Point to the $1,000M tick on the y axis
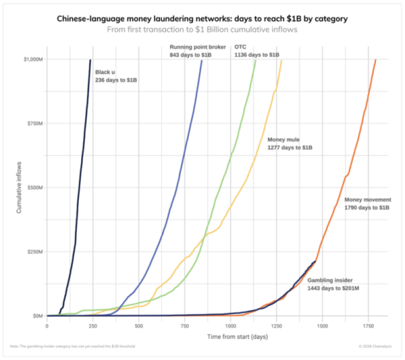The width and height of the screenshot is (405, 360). pyautogui.click(x=31, y=60)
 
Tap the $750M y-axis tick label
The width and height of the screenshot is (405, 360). pyautogui.click(x=33, y=124)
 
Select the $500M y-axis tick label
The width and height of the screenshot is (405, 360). pyautogui.click(x=33, y=188)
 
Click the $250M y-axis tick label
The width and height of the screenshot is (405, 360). pyautogui.click(x=33, y=251)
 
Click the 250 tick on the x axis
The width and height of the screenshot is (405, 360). pyautogui.click(x=92, y=326)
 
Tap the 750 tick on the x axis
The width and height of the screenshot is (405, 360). pyautogui.click(x=184, y=326)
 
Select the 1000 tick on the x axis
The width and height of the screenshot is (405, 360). pyautogui.click(x=230, y=326)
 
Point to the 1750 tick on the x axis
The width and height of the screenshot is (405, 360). pyautogui.click(x=369, y=326)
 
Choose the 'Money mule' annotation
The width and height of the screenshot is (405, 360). pyautogui.click(x=286, y=143)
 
